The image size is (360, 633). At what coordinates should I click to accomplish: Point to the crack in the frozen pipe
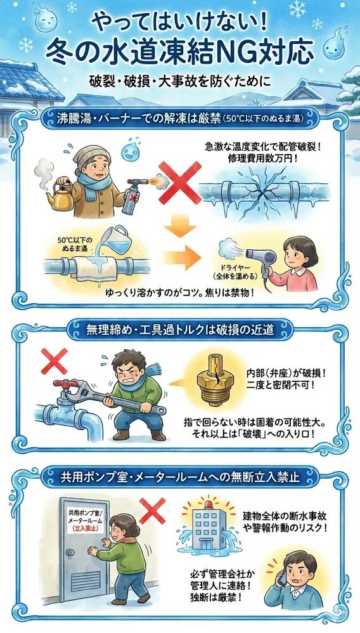[x=262, y=189]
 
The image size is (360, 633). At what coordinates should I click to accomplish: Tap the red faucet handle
[x=61, y=385]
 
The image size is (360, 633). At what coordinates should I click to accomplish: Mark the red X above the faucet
[x=53, y=362]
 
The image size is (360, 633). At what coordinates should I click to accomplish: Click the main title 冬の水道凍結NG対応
[x=180, y=50]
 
